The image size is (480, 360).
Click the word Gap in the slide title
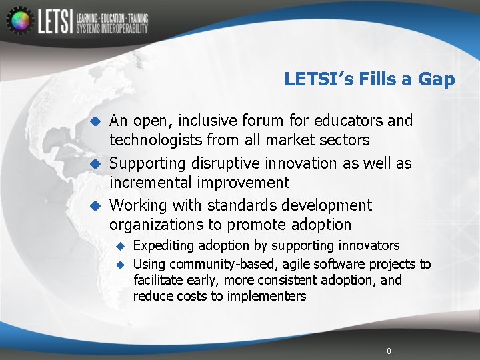pos(436,79)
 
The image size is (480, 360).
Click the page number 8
pos(389,351)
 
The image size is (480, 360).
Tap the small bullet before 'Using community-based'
pos(121,265)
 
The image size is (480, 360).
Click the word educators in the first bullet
pos(349,121)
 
